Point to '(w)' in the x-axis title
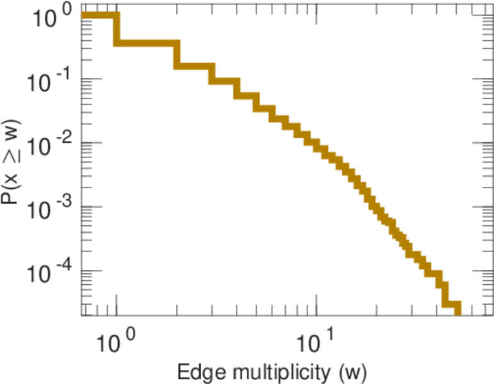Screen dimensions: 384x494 coord(352,371)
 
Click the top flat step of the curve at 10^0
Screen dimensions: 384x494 coord(99,15)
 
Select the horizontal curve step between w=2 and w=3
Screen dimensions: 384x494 coord(195,66)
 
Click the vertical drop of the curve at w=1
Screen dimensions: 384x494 coord(116,29)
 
